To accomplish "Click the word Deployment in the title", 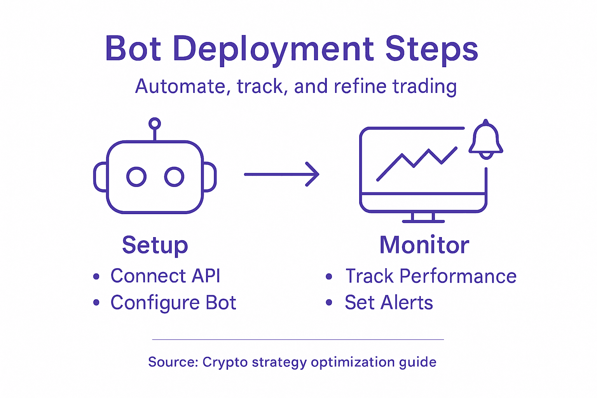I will [x=274, y=49].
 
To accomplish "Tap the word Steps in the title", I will [x=431, y=49].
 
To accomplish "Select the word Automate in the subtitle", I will [x=180, y=86].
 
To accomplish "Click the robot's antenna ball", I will [x=155, y=124].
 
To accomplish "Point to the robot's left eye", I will [x=136, y=177].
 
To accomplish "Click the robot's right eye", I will [x=174, y=177].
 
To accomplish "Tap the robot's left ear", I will [x=100, y=177].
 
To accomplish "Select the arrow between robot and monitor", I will [x=282, y=174].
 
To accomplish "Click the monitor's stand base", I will [x=423, y=221].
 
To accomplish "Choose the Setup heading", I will [x=155, y=245].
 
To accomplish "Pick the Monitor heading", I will [x=424, y=245].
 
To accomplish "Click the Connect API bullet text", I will [x=165, y=276].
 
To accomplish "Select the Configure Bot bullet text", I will [x=173, y=303].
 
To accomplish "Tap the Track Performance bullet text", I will [x=431, y=276].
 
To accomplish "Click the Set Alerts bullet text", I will [x=389, y=303].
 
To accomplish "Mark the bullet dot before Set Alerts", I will [x=329, y=303].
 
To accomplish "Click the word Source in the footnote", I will [x=173, y=362].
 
